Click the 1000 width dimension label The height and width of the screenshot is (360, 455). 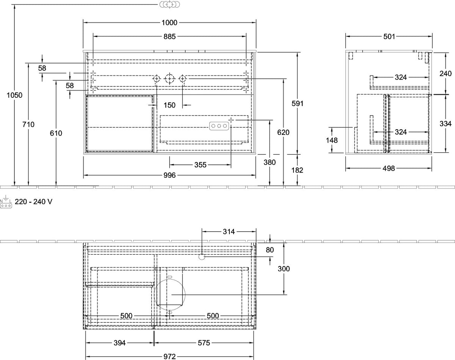(169, 23)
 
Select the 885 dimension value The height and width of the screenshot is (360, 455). (169, 37)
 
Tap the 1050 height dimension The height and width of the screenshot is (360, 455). (14, 95)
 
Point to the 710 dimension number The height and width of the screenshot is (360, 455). (28, 124)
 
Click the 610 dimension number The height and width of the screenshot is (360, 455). (56, 133)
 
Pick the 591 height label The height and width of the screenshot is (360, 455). (298, 103)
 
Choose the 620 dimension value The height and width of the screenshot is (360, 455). (283, 133)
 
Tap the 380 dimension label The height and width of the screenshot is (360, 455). (270, 162)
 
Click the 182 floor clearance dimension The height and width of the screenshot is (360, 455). (297, 170)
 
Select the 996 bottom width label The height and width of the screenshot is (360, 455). (169, 175)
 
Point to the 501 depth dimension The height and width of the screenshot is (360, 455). (389, 37)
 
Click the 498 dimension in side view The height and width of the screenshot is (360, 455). (389, 169)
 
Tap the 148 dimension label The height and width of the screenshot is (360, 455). (332, 140)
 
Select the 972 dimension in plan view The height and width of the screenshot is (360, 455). (169, 357)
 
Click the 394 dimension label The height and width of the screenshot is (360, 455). (120, 343)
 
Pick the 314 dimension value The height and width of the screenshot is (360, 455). (229, 232)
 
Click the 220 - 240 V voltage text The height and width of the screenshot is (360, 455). (33, 202)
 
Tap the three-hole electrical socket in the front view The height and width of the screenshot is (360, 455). (219, 126)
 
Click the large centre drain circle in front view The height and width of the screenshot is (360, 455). (169, 79)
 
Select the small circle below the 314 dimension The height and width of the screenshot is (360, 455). (202, 257)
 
